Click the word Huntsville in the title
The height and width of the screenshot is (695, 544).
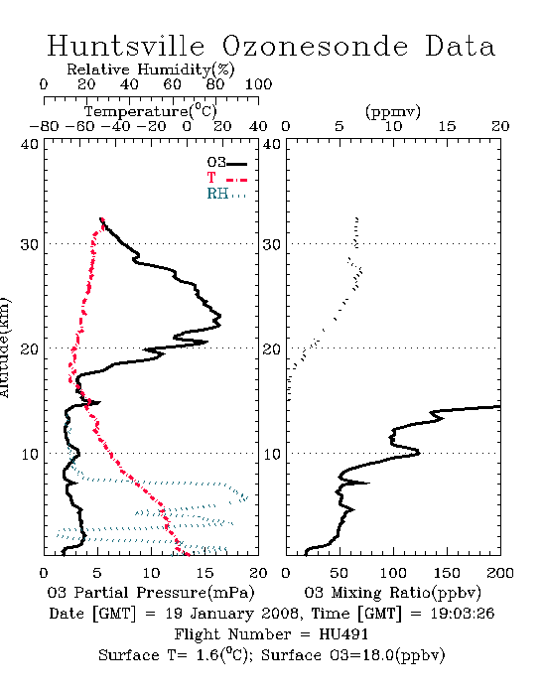coord(126,46)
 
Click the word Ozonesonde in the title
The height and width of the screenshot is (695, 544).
coord(315,46)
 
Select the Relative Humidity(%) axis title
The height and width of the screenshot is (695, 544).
coord(151,69)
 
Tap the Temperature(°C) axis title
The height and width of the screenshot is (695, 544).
coord(151,111)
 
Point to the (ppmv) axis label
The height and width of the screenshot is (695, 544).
coord(393,111)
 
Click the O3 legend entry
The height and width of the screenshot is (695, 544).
coord(226,163)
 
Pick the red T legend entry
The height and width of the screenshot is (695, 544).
coord(226,178)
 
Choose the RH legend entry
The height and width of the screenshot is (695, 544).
coord(226,194)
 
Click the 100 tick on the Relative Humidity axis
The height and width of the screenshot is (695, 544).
coord(259,84)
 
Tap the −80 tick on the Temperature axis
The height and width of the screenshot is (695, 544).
coord(44,127)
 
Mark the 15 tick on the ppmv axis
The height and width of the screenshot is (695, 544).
coord(447,127)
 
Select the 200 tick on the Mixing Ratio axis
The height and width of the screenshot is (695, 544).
coord(500,573)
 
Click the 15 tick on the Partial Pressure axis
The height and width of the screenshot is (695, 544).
coord(204,573)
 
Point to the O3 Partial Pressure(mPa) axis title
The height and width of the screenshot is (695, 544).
coord(151,593)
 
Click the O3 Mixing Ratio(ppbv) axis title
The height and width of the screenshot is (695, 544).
coord(392,593)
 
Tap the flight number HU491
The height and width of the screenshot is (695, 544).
coord(343,634)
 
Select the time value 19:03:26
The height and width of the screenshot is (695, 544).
coord(463,614)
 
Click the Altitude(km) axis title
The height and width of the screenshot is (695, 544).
coord(4,348)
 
